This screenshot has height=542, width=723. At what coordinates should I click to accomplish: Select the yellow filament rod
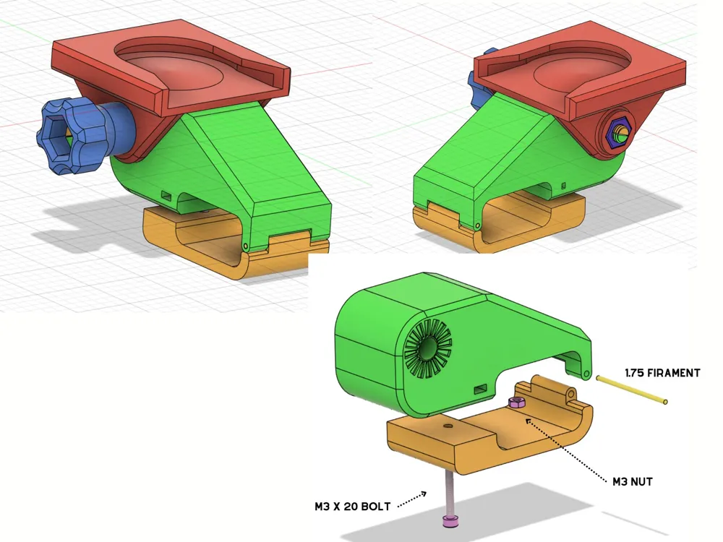pos(631,390)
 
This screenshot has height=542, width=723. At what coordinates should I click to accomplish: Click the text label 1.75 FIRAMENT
pos(662,372)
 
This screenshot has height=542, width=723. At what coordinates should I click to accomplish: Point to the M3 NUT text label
pos(632,481)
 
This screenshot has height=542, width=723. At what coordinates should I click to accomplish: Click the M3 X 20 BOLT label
pos(352,506)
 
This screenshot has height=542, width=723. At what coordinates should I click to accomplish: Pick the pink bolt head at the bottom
pos(449,522)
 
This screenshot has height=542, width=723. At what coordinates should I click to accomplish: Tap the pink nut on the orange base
pos(516,403)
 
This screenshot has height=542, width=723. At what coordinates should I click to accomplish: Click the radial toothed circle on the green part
pos(428,348)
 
